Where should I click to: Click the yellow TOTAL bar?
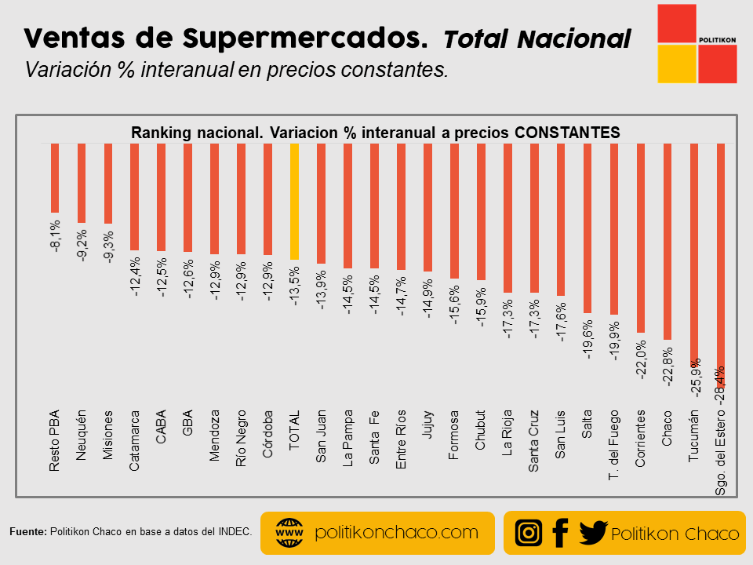click(x=294, y=202)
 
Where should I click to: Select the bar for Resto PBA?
click(x=55, y=178)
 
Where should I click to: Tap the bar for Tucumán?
click(x=694, y=251)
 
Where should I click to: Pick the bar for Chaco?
click(x=668, y=242)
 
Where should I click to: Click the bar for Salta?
click(x=587, y=228)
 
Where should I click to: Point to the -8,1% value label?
click(x=55, y=236)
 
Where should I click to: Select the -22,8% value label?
click(x=668, y=366)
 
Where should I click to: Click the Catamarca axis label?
click(x=135, y=440)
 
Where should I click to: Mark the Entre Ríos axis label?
click(x=401, y=439)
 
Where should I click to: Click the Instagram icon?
click(x=529, y=533)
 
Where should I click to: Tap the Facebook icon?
click(x=559, y=533)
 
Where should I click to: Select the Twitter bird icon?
click(x=593, y=533)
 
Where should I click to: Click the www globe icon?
click(x=289, y=534)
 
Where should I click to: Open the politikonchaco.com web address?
click(x=396, y=533)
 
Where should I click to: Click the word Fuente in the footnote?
click(x=28, y=531)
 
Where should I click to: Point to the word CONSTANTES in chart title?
click(x=567, y=133)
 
